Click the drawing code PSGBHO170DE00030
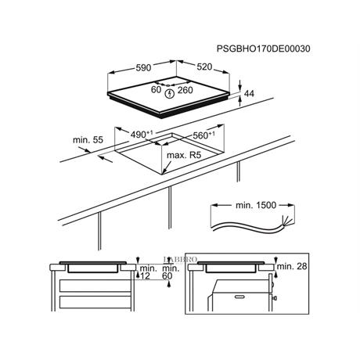(264, 49)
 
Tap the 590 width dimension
(143, 68)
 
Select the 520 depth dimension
(204, 67)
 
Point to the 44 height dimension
(250, 94)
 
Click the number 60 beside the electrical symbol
(156, 90)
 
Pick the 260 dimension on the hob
(185, 90)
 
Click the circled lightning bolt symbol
(170, 93)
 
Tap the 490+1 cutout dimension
(142, 135)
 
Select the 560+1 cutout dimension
(203, 135)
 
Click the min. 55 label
(88, 140)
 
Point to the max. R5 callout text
(184, 155)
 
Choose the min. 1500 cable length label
(256, 205)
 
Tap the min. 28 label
(292, 266)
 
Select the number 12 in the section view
(145, 276)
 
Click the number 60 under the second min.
(167, 276)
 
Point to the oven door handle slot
(242, 297)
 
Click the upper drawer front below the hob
(95, 286)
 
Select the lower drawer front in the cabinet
(95, 302)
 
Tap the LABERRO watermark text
(180, 260)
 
